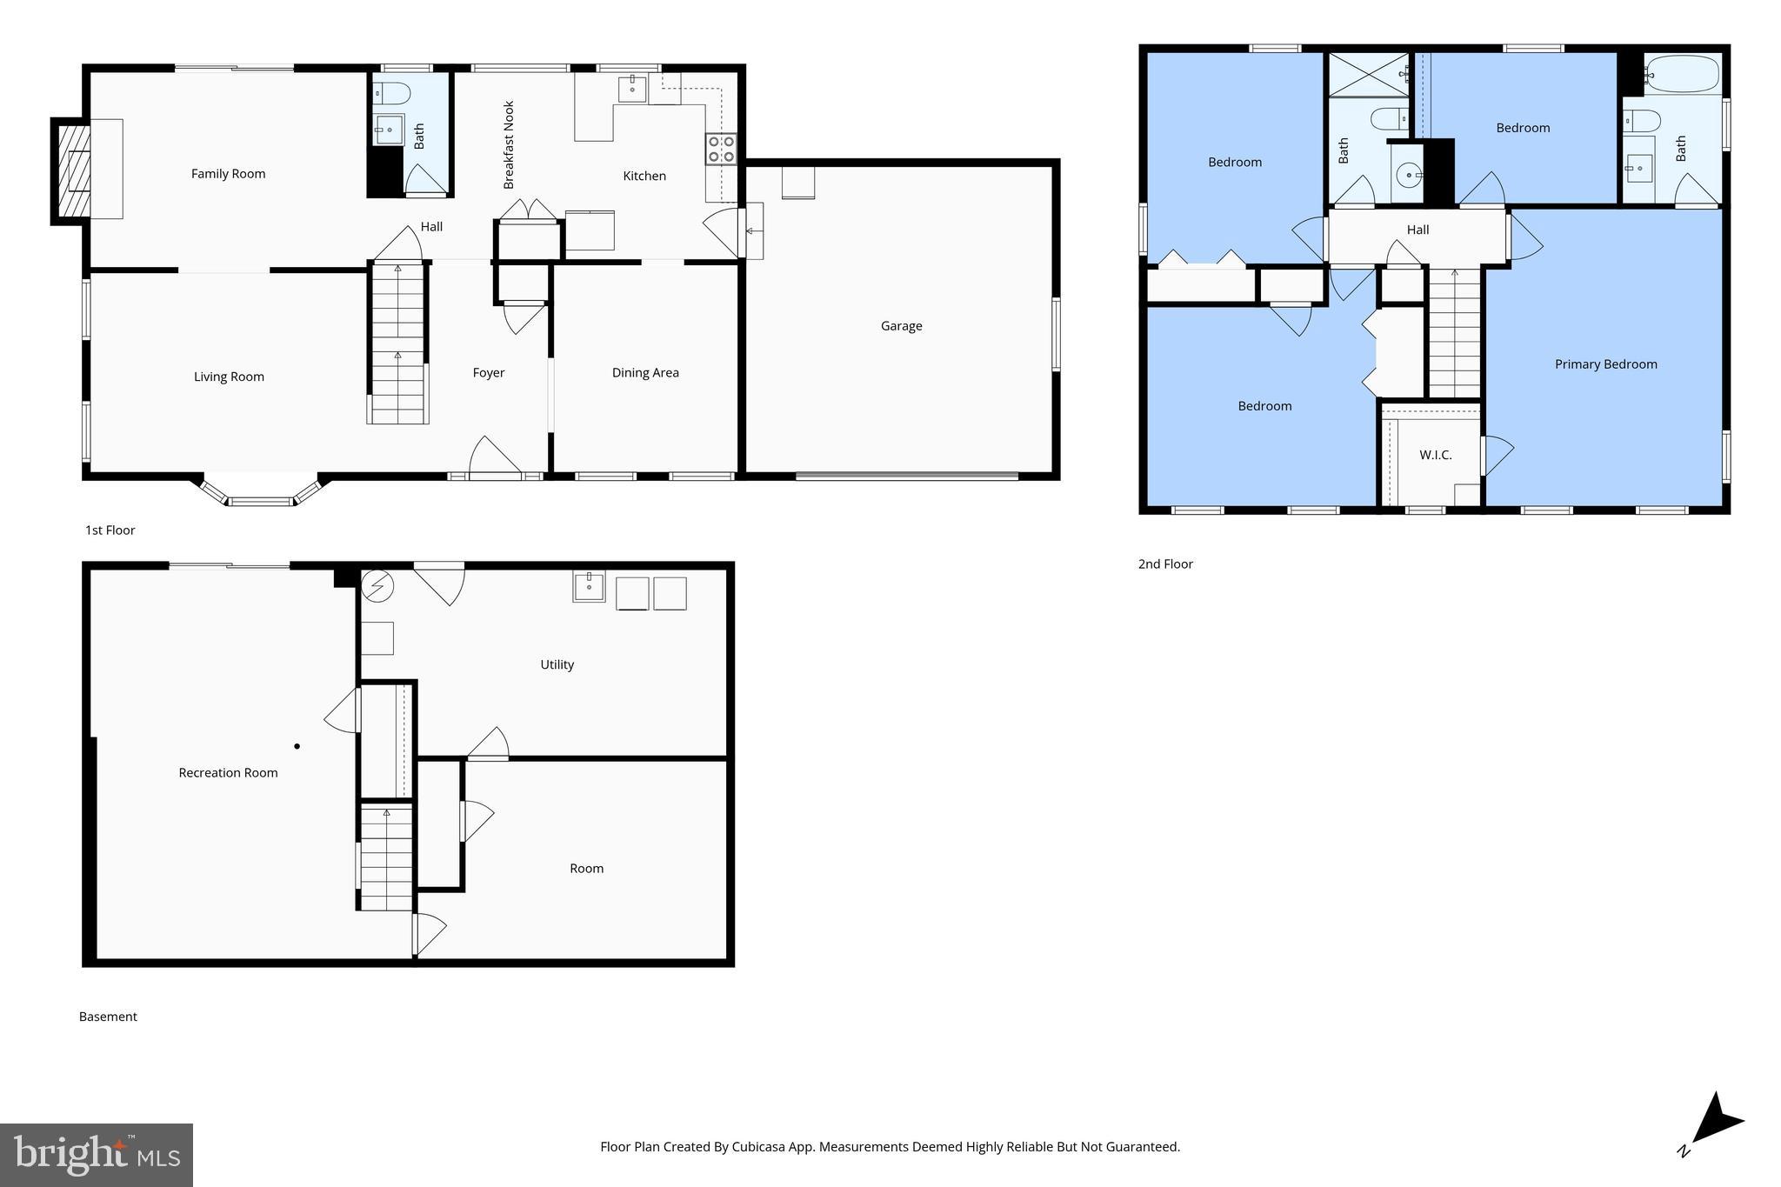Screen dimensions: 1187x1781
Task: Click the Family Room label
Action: [228, 174]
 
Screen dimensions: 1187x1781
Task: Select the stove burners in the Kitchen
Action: [721, 149]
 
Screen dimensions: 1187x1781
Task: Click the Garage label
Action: [901, 326]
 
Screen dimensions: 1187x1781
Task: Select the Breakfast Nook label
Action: [509, 145]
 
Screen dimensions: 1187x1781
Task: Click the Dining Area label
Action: [645, 373]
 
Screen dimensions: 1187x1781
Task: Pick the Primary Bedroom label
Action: [1605, 364]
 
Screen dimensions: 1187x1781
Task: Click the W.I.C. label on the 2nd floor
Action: [1435, 455]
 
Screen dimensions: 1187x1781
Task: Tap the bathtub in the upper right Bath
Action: [1681, 75]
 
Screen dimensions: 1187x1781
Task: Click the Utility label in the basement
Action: [557, 664]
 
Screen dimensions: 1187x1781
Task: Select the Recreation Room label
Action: [228, 773]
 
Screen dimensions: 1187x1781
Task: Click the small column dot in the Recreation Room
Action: [297, 746]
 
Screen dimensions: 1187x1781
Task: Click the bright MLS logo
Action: [97, 1155]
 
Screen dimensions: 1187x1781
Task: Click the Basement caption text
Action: [108, 1017]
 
